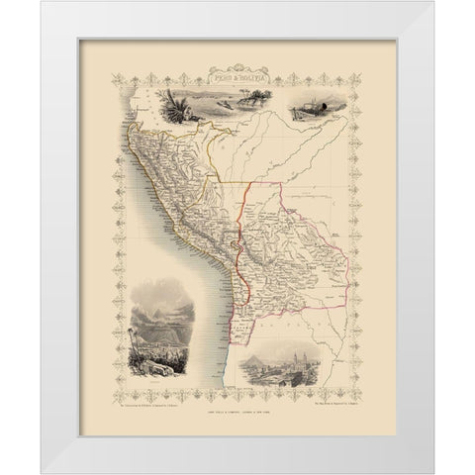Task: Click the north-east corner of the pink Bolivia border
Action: pyautogui.click(x=283, y=182)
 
